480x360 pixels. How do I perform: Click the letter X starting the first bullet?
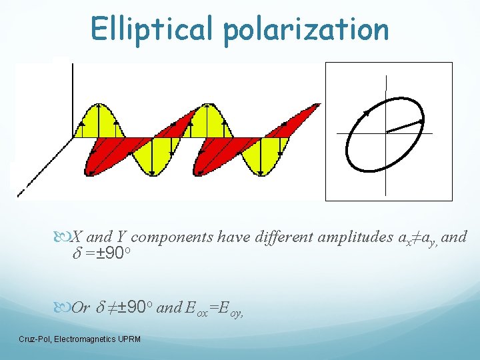(77, 236)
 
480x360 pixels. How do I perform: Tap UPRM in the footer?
(127, 339)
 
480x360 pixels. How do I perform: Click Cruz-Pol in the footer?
(35, 339)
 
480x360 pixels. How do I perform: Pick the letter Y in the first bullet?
(123, 236)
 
